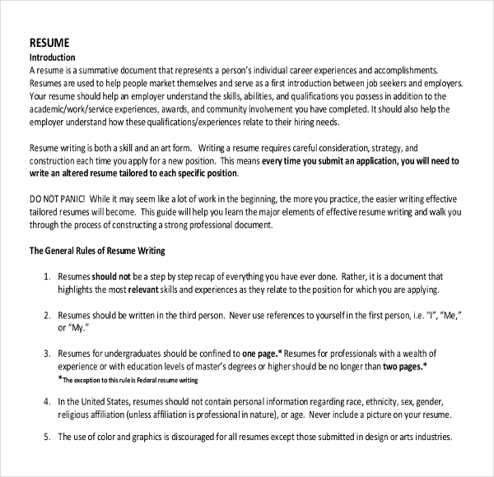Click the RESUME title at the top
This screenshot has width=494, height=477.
(x=49, y=43)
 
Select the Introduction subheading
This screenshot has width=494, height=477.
(x=52, y=58)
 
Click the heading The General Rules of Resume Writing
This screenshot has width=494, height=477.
(x=97, y=251)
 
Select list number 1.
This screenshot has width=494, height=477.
(x=47, y=278)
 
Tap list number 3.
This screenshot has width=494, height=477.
(x=47, y=353)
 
